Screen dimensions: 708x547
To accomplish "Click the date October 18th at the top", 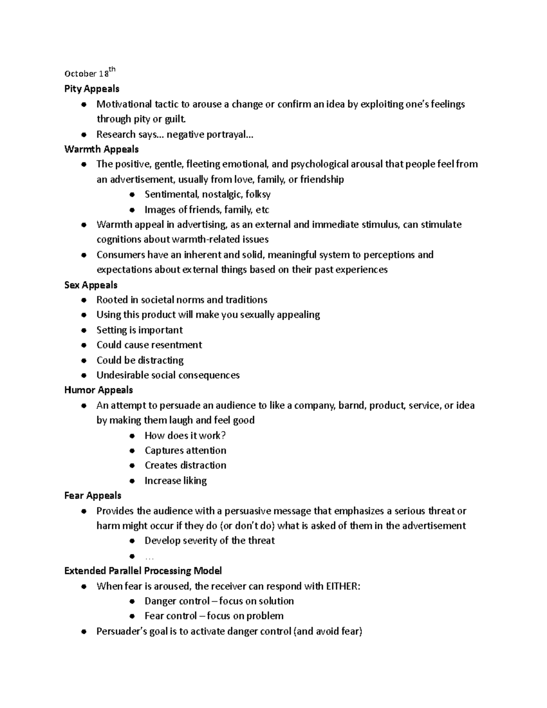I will (90, 73).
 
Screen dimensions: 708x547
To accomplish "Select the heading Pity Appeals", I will (92, 88).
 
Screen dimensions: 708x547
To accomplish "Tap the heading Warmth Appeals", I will (101, 149).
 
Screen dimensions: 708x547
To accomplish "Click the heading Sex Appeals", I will (91, 285).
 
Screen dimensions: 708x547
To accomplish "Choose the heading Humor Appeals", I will (98, 390).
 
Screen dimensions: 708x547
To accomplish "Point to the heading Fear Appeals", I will (93, 496).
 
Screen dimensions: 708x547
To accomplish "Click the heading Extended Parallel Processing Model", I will (143, 571).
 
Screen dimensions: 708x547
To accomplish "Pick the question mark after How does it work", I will (223, 435).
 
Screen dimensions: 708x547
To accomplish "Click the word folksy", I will (258, 195).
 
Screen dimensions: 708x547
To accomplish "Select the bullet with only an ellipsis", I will (132, 556).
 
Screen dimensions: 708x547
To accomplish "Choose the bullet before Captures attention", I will (132, 451).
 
